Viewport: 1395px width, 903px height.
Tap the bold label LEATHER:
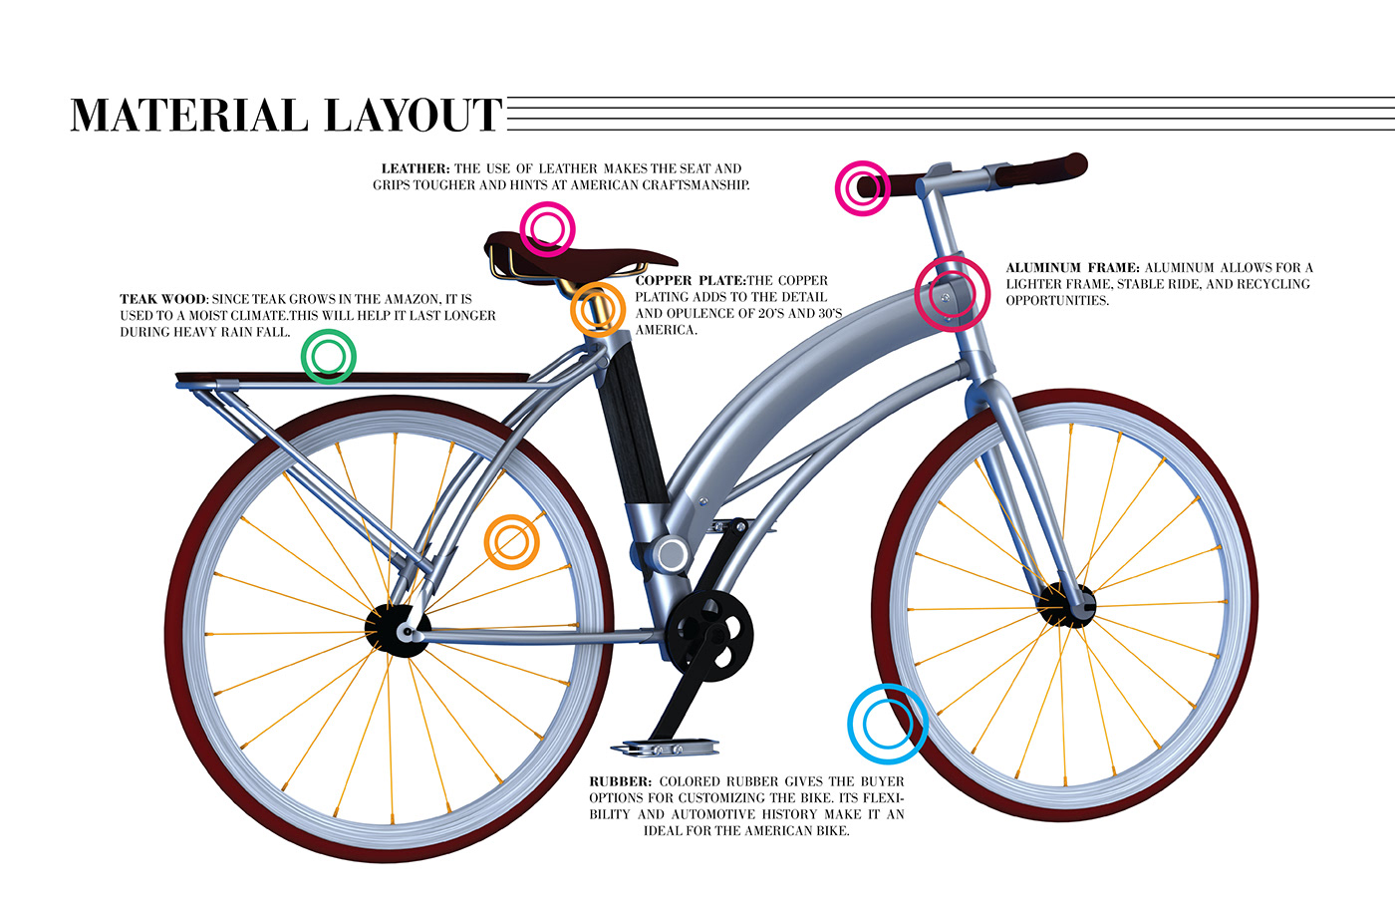[416, 168]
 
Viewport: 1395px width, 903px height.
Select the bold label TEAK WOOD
[163, 299]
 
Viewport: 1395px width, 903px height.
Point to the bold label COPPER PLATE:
[690, 281]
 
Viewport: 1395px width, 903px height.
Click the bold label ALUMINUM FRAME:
[1072, 268]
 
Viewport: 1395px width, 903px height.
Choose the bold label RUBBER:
[620, 782]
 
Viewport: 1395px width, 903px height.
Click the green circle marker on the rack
[328, 356]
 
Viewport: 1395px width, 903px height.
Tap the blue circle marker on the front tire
[887, 724]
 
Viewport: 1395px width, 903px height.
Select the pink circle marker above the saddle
[547, 229]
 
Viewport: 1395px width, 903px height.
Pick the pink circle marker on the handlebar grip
[862, 187]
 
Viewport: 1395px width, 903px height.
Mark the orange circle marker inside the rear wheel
[511, 542]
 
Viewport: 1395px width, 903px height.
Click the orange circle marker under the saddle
[598, 309]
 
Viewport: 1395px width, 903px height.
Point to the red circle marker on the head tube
[952, 293]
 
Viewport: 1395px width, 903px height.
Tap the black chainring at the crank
[709, 631]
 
